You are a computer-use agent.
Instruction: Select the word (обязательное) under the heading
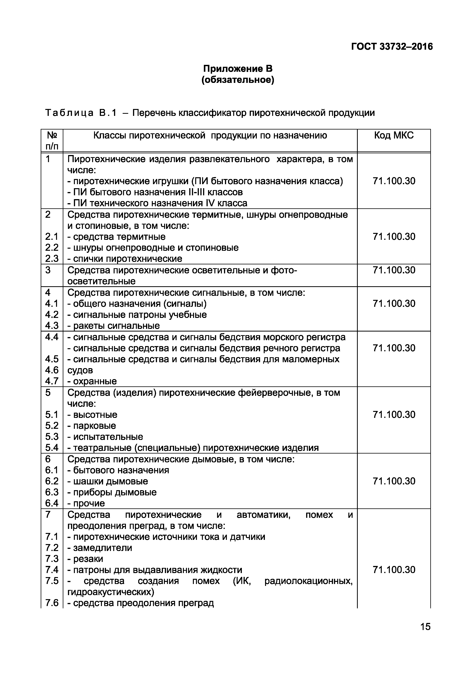pyautogui.click(x=238, y=80)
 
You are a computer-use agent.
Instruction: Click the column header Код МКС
pyautogui.click(x=394, y=135)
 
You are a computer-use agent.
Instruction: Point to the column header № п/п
pyautogui.click(x=52, y=141)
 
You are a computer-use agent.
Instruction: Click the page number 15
pyautogui.click(x=425, y=635)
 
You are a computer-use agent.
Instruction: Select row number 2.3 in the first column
pyautogui.click(x=52, y=259)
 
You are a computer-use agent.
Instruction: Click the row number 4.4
pyautogui.click(x=52, y=337)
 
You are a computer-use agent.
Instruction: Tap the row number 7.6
pyautogui.click(x=52, y=603)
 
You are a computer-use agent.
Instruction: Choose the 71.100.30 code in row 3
pyautogui.click(x=394, y=270)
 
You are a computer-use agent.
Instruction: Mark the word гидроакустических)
pyautogui.click(x=111, y=592)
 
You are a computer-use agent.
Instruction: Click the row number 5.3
pyautogui.click(x=52, y=437)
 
